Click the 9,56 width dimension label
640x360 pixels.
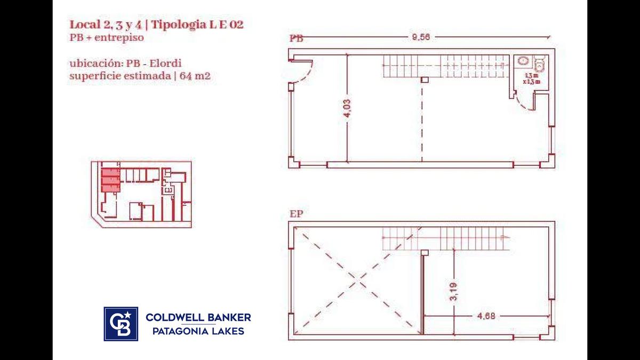[x=421, y=37]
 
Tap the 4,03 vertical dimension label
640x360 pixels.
[x=347, y=108]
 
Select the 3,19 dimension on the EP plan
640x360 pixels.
[x=453, y=291]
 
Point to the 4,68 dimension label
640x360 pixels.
[x=486, y=316]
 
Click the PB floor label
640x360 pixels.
[x=297, y=38]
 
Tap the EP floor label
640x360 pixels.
[x=297, y=214]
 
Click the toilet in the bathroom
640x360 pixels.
[x=539, y=63]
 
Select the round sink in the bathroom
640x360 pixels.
[x=523, y=61]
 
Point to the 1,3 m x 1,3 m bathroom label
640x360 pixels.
[x=531, y=78]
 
